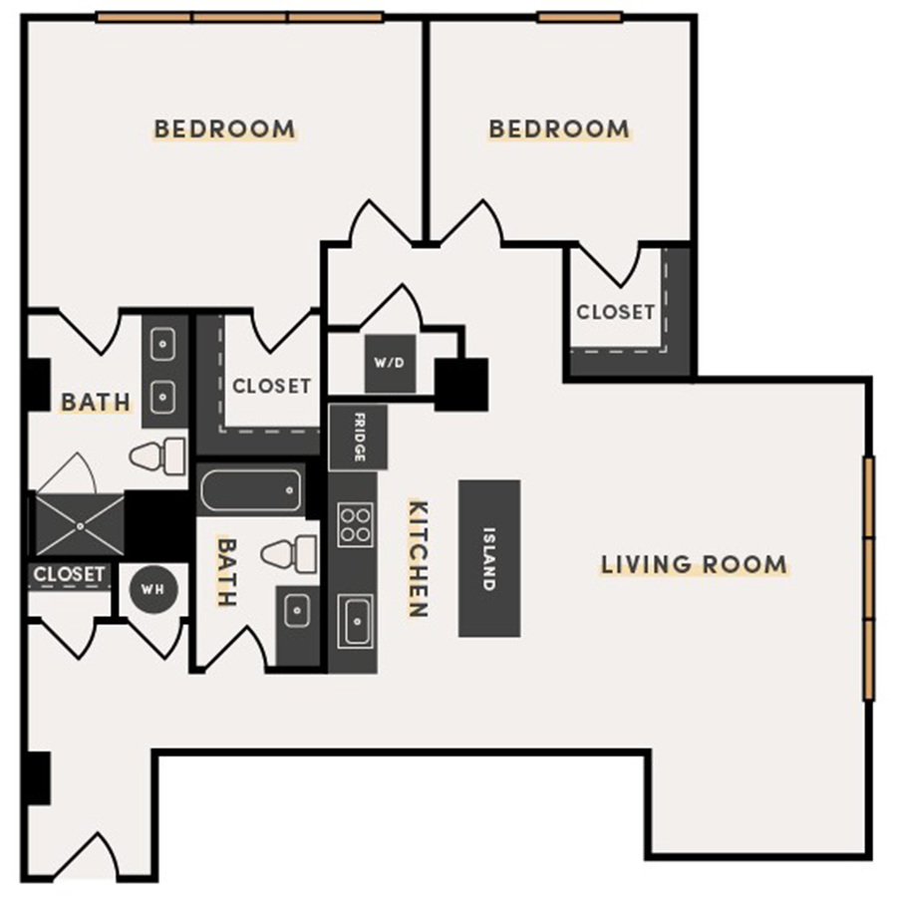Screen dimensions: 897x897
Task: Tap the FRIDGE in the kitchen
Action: pos(357,438)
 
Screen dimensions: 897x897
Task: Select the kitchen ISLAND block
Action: pos(488,558)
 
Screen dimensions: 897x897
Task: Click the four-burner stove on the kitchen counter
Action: pos(355,524)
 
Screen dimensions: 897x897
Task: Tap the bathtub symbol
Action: pos(250,490)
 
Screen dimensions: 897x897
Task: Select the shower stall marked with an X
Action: pos(80,523)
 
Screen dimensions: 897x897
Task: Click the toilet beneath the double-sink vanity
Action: pos(158,456)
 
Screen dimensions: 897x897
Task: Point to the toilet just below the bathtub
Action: pos(290,553)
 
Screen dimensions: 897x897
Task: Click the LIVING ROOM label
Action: pos(694,565)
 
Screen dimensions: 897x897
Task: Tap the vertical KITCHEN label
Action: pos(418,558)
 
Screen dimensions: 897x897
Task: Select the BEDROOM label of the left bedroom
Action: pos(224,130)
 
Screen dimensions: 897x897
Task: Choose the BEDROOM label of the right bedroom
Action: pos(558,130)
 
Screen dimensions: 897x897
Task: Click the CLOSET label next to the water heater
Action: pos(69,575)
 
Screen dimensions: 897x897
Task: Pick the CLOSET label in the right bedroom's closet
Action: pos(615,312)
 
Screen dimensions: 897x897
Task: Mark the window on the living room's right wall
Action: pos(868,578)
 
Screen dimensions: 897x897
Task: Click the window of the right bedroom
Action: pos(579,17)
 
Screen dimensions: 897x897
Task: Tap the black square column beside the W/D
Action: pos(461,384)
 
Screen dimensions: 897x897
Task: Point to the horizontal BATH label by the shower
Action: pos(96,403)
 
